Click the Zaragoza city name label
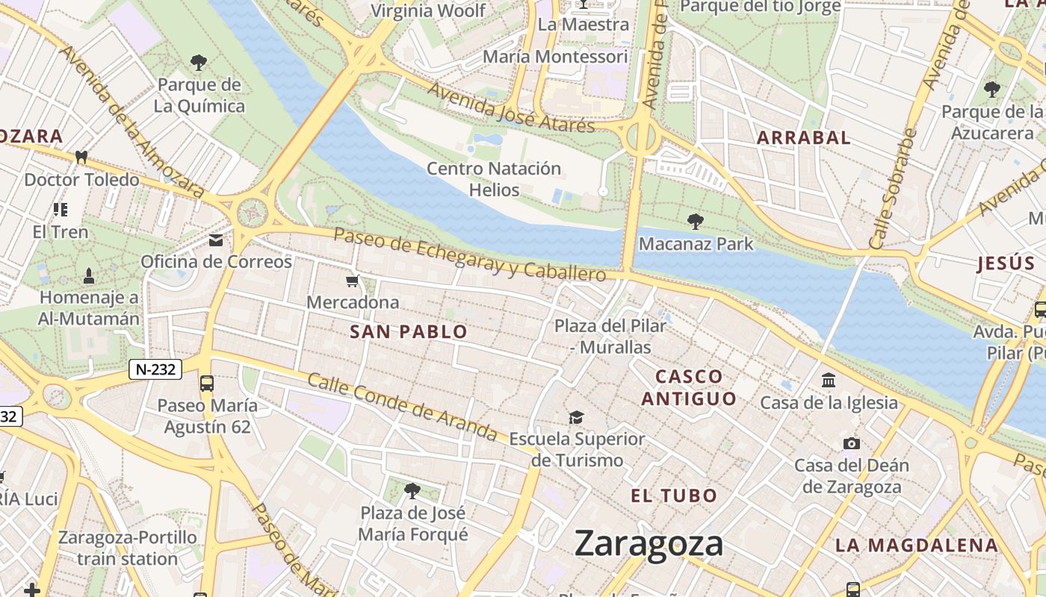tap(649, 544)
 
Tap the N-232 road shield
tap(155, 369)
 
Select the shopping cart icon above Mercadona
tap(353, 281)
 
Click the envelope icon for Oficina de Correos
tap(216, 240)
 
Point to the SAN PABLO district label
tap(409, 332)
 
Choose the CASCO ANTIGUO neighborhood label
tap(689, 387)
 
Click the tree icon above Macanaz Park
tap(696, 222)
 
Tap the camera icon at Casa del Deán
tap(851, 444)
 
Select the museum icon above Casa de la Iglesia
tap(829, 381)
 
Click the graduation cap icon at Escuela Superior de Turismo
tap(576, 416)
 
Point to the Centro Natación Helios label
tap(494, 179)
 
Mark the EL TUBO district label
tap(674, 496)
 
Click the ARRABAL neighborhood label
tap(804, 137)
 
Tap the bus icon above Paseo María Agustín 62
tap(207, 384)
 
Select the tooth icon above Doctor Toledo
tap(81, 157)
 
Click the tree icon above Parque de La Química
tap(199, 62)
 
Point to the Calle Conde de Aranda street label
tap(402, 406)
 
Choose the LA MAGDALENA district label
tap(917, 545)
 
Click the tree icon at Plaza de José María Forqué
tap(412, 490)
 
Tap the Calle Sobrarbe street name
tap(893, 189)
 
